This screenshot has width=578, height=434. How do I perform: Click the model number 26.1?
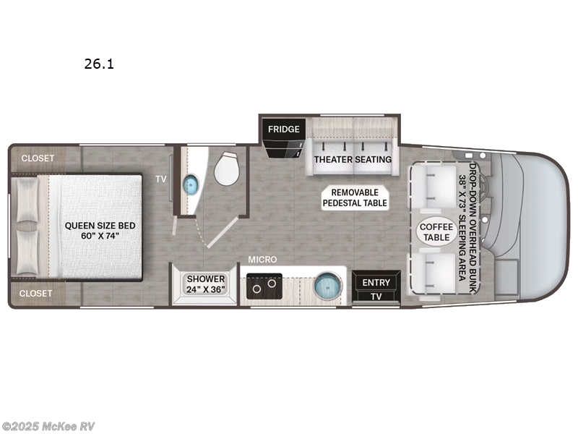100,64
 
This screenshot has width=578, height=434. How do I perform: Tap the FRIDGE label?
284,129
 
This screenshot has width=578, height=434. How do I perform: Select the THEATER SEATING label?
353,159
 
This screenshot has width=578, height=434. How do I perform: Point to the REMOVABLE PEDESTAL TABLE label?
355,197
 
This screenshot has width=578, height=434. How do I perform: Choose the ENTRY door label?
376,282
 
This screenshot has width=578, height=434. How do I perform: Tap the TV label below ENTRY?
376,297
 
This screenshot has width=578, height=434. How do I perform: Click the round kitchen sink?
328,286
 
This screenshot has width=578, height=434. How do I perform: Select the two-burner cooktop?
262,287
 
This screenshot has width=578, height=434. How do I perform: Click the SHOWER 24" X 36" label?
207,284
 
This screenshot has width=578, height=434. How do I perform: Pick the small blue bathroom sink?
191,184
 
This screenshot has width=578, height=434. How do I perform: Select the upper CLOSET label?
37,158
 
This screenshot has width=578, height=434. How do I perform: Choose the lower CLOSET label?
37,293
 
